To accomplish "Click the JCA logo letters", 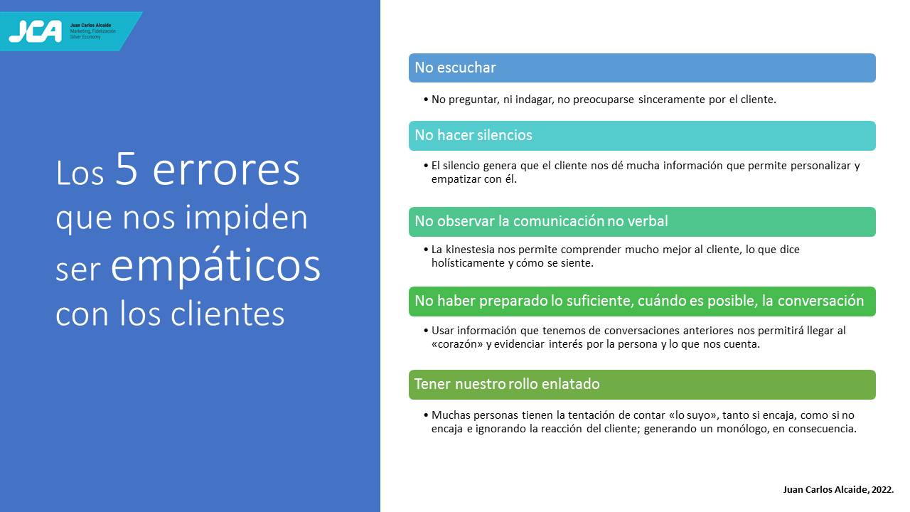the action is pyautogui.click(x=36, y=31).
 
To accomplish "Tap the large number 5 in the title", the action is pyautogui.click(x=127, y=169).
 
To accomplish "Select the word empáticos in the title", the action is pyautogui.click(x=215, y=266).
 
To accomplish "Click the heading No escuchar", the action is pyautogui.click(x=455, y=68).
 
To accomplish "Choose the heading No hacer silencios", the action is pyautogui.click(x=473, y=135).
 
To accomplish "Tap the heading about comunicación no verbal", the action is pyautogui.click(x=541, y=221).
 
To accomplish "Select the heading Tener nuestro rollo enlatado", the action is pyautogui.click(x=507, y=384).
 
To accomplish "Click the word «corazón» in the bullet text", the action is pyautogui.click(x=457, y=344).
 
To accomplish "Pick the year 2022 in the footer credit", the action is pyautogui.click(x=882, y=490).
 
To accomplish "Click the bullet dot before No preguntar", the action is pyautogui.click(x=426, y=100).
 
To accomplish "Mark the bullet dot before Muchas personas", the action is pyautogui.click(x=426, y=415).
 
